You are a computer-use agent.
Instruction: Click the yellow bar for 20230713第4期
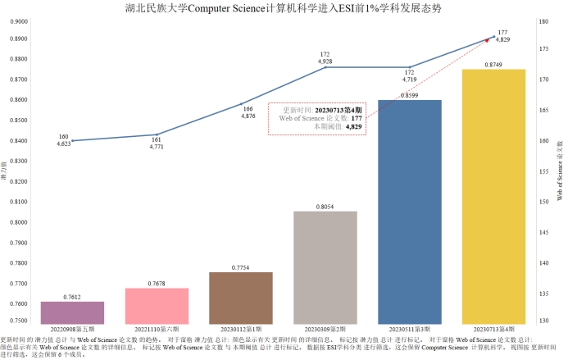493,197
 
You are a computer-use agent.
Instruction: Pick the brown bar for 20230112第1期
240,298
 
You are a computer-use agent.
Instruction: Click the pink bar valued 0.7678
157,306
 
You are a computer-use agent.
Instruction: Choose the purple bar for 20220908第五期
72,312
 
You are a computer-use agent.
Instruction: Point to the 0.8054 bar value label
325,207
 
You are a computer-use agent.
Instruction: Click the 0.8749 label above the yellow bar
493,64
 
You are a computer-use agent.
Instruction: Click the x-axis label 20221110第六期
157,329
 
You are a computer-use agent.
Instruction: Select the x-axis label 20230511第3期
409,329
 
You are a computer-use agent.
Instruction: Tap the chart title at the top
283,7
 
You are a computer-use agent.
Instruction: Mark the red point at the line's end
487,39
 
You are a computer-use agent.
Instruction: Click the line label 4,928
325,62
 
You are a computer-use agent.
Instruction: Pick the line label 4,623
63,144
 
